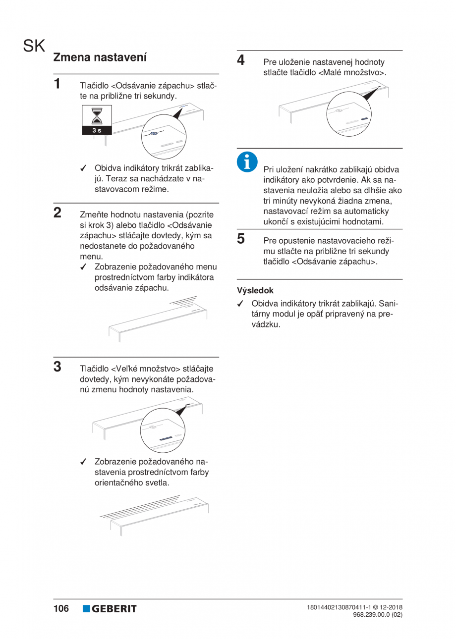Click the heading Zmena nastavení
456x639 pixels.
100,57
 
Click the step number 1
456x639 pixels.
58,83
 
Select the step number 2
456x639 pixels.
58,213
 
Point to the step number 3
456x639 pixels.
58,367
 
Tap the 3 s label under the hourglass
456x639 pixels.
97,130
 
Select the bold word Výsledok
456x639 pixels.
255,291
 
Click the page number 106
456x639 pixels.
61,608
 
